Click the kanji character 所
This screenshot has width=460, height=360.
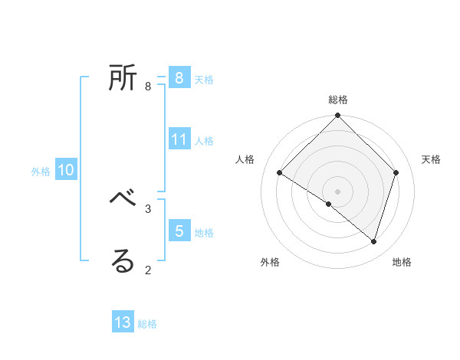point(123,79)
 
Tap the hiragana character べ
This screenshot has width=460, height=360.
point(123,201)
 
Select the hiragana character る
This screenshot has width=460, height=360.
point(123,261)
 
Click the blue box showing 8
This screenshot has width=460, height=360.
point(179,78)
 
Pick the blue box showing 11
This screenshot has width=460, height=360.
point(179,139)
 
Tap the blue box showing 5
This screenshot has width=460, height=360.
point(179,231)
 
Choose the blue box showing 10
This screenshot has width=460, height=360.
point(65,171)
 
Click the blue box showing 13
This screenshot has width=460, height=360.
point(123,322)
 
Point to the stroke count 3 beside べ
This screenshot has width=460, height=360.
point(148,208)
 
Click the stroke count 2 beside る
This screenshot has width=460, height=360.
point(148,269)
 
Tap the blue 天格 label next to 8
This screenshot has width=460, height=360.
point(204,80)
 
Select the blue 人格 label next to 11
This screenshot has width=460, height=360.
point(204,141)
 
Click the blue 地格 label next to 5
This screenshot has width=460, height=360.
point(204,233)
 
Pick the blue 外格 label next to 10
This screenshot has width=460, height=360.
point(41,172)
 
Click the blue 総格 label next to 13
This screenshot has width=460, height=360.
point(147,324)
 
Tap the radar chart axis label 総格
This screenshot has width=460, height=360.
point(338,100)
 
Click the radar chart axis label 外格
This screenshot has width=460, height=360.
point(270,262)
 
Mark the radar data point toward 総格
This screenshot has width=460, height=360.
point(338,116)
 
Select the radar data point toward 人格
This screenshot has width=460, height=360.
point(280,173)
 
